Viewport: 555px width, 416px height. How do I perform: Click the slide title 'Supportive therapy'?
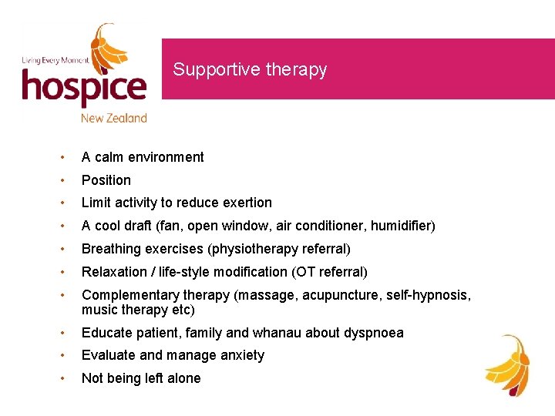pyautogui.click(x=250, y=69)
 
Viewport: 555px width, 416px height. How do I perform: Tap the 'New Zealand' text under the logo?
pyautogui.click(x=114, y=118)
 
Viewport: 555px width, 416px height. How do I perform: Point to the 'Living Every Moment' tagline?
pyautogui.click(x=55, y=60)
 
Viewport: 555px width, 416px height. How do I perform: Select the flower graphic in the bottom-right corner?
pyautogui.click(x=508, y=365)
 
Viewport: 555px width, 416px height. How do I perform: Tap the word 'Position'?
pyautogui.click(x=106, y=180)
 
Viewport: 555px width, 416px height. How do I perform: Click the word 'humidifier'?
pyautogui.click(x=402, y=226)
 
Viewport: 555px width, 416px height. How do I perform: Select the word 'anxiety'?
pyautogui.click(x=240, y=355)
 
